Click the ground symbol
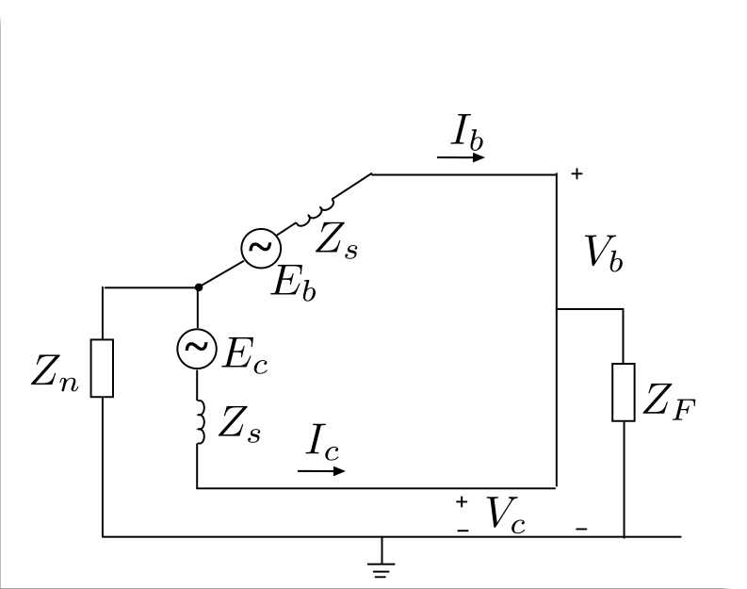tap(382, 564)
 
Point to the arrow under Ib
tap(461, 156)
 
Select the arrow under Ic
tap(321, 471)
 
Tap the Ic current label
tap(322, 442)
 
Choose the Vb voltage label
tap(604, 254)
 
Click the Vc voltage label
tap(506, 515)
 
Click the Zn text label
tap(55, 372)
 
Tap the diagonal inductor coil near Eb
tap(315, 214)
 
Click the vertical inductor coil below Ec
tap(201, 422)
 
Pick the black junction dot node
tap(199, 287)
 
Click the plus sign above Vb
tap(576, 173)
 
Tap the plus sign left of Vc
tap(462, 501)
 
